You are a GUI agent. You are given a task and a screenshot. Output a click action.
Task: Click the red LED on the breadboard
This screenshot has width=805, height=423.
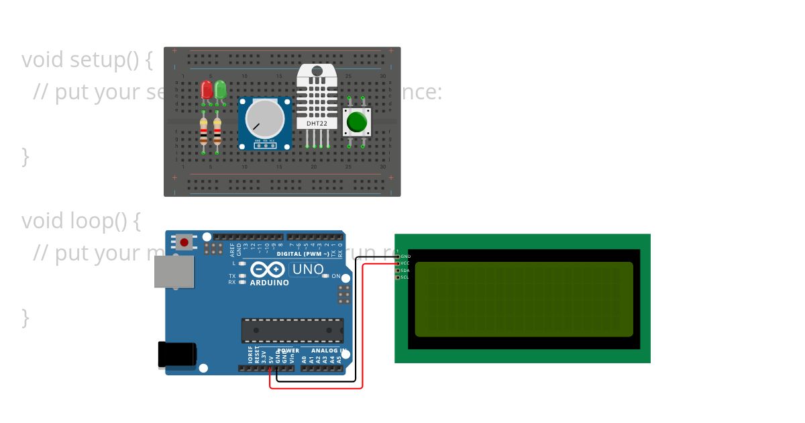click(206, 89)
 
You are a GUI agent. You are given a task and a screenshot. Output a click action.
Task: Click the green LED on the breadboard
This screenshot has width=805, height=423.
click(220, 89)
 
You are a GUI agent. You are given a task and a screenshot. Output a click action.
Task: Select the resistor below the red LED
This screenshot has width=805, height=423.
click(204, 132)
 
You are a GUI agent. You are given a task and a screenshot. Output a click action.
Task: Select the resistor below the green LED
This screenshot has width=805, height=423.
click(217, 132)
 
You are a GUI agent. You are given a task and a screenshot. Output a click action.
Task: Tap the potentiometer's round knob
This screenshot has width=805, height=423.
click(264, 118)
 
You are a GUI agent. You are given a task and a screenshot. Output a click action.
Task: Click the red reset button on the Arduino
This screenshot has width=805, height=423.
click(184, 242)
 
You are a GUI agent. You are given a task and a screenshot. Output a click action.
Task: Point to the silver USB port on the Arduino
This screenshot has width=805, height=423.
click(173, 271)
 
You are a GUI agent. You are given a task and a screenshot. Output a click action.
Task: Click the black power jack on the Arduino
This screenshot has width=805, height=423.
click(176, 355)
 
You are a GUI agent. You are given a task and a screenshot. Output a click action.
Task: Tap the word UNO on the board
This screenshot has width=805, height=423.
click(307, 270)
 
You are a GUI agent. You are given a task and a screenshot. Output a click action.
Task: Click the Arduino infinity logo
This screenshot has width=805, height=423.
click(268, 270)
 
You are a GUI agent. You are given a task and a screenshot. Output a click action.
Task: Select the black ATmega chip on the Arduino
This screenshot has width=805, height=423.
click(292, 330)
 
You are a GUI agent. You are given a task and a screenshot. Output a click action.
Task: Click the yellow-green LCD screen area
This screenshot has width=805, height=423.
click(524, 299)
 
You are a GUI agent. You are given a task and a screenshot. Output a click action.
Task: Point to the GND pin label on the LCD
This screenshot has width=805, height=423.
click(405, 256)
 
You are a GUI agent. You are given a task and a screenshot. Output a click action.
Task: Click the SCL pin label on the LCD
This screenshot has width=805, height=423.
click(405, 277)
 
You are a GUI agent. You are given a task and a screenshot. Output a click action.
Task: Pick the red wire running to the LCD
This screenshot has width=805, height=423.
click(362, 322)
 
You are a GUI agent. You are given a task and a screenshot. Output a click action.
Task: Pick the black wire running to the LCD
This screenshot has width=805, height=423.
click(355, 316)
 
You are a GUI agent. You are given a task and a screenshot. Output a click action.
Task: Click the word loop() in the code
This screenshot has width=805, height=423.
click(98, 221)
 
